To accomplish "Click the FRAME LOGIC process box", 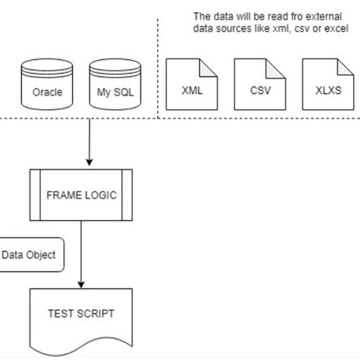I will coord(81,194).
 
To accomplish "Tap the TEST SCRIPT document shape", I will coord(81,315).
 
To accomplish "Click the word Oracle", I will coord(46,96).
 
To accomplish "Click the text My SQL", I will coord(111,96).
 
